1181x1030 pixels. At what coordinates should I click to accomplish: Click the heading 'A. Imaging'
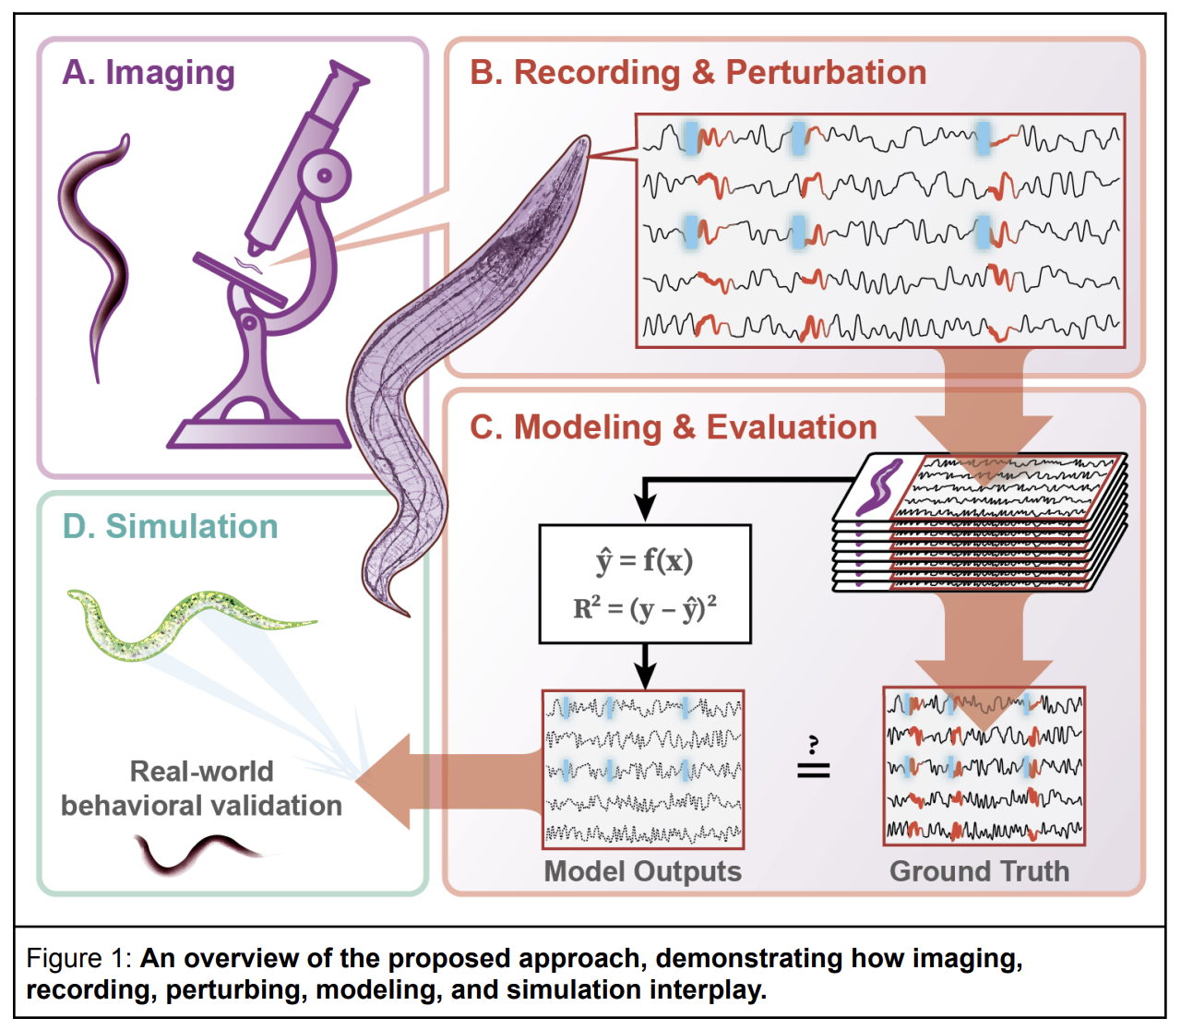(149, 73)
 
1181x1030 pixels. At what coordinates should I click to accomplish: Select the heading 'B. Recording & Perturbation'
(698, 73)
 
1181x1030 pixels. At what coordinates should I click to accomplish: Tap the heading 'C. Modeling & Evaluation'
(673, 427)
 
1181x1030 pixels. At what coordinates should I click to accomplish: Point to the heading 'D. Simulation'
(170, 526)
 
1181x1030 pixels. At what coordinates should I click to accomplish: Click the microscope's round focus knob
(324, 174)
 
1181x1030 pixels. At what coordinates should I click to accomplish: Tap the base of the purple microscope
(259, 433)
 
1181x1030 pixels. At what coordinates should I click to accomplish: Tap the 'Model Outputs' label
(642, 871)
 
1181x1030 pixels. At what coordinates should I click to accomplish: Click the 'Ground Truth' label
(979, 871)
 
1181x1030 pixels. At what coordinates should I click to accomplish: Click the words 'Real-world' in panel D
(201, 771)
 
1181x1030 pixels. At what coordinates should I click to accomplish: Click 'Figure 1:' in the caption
(79, 958)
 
